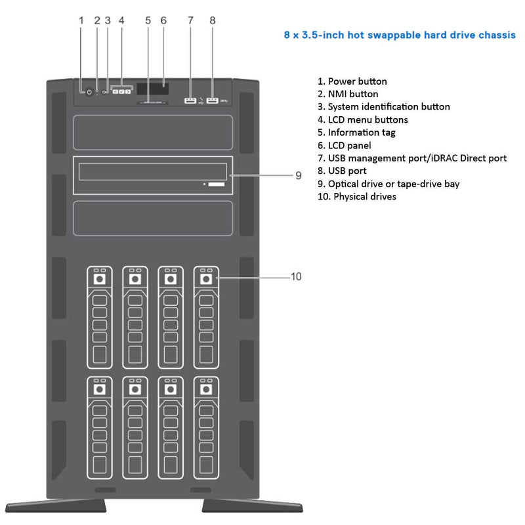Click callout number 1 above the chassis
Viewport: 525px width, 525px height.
pyautogui.click(x=81, y=20)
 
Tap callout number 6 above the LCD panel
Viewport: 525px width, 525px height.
pyautogui.click(x=163, y=20)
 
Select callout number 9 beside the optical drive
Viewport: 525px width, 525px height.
pyautogui.click(x=298, y=175)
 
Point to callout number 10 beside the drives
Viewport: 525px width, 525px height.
pyautogui.click(x=296, y=277)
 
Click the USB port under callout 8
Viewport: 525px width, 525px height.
pyautogui.click(x=212, y=100)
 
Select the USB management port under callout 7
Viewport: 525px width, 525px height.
pyautogui.click(x=190, y=100)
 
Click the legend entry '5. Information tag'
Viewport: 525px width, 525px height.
pyautogui.click(x=356, y=132)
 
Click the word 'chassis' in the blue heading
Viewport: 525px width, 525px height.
pyautogui.click(x=493, y=35)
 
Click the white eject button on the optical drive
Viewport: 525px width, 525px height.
pyautogui.click(x=217, y=185)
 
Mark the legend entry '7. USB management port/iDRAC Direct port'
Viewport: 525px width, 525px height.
pyautogui.click(x=411, y=158)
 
